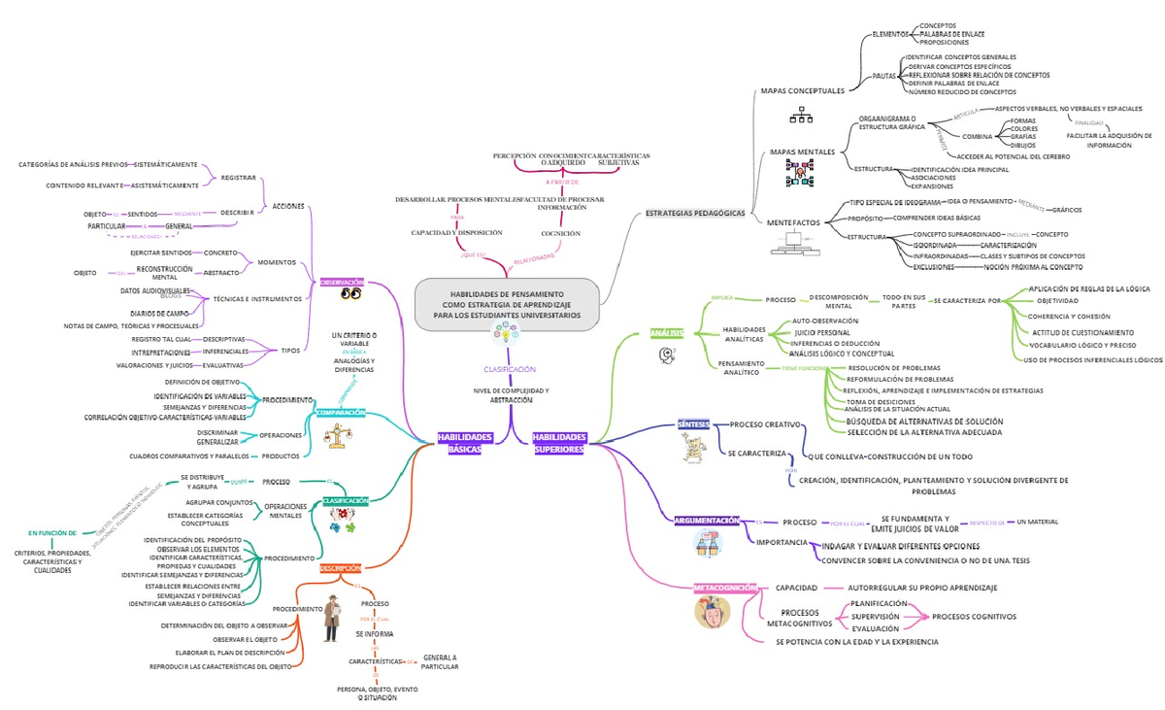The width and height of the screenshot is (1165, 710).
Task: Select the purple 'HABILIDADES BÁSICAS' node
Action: tap(464, 444)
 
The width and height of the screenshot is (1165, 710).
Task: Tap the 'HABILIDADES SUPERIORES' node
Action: tap(559, 444)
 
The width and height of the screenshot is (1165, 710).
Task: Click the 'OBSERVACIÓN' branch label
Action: tap(343, 282)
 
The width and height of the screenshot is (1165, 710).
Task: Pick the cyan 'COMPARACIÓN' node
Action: tap(341, 413)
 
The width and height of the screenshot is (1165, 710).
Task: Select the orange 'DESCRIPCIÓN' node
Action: tap(341, 568)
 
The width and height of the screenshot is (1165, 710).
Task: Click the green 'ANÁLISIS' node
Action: tap(667, 334)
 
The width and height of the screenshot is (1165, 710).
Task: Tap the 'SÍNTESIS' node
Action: tap(693, 424)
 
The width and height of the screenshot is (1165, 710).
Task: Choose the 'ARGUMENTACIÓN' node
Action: tap(708, 522)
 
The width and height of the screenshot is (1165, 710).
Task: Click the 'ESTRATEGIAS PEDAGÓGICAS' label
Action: tap(695, 214)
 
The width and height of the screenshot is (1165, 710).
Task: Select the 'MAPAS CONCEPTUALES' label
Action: tap(802, 91)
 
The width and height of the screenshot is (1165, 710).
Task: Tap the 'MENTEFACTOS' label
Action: tap(793, 222)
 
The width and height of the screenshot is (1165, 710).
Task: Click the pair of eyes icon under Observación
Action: tap(350, 295)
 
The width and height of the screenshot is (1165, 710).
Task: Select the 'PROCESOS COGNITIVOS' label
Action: tap(974, 617)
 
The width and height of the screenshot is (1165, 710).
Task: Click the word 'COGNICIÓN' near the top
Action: tap(560, 233)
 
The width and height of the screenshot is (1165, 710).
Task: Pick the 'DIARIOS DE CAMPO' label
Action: tap(159, 313)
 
